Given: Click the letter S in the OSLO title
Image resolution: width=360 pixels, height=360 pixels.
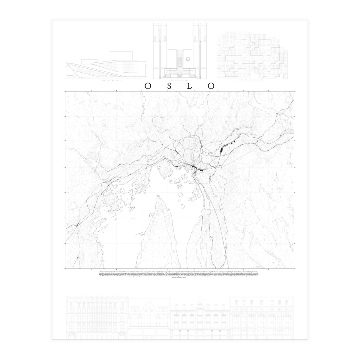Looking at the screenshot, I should click(x=170, y=86).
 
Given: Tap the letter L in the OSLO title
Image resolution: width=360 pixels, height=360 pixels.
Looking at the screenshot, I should click(x=191, y=86).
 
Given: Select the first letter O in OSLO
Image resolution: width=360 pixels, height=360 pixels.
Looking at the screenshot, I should click(x=148, y=86).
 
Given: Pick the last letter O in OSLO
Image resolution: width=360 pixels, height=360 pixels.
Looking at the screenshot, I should click(x=212, y=86).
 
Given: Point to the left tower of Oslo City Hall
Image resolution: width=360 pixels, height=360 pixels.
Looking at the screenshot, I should click(x=158, y=45).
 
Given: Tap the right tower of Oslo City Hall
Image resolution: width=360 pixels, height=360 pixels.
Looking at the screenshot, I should click(x=197, y=45).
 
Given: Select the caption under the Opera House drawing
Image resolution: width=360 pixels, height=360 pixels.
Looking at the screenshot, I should click(x=106, y=81).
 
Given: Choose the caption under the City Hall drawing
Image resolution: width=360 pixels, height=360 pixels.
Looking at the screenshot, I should click(x=180, y=80).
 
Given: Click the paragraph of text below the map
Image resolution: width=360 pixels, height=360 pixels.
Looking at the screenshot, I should click(x=180, y=275).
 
